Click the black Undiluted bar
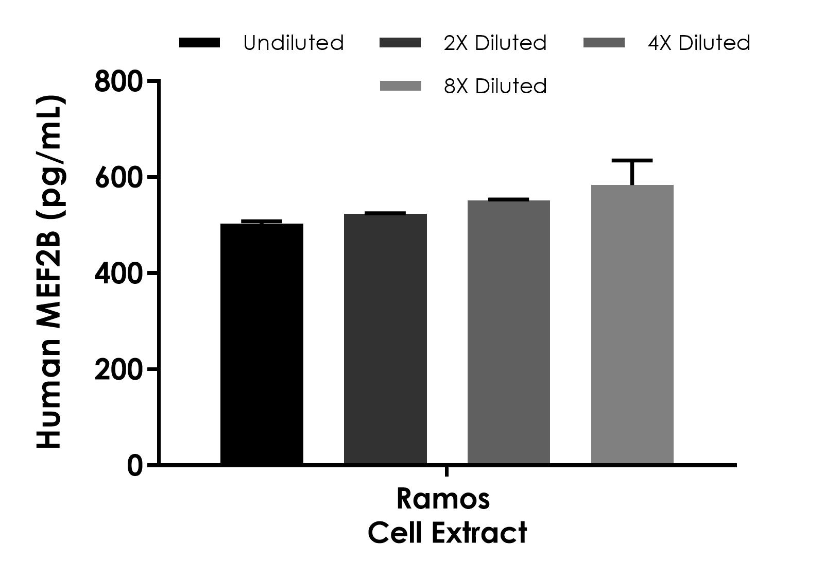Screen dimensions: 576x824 tap(262, 344)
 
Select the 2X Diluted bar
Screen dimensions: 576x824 tap(385, 338)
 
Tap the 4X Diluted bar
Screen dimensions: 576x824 tap(509, 332)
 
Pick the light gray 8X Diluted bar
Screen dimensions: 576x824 tap(632, 325)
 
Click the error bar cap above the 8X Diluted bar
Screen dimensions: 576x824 tap(632, 161)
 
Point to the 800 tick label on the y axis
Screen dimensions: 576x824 tap(118, 82)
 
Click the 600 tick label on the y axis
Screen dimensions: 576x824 tap(118, 178)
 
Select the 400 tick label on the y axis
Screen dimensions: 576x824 tap(118, 274)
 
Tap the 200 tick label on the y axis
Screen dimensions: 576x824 tap(118, 370)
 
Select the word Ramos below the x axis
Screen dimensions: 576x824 tap(443, 499)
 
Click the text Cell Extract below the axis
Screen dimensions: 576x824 tap(447, 533)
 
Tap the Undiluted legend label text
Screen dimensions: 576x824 tap(294, 43)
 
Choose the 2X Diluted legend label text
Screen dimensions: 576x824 tap(495, 43)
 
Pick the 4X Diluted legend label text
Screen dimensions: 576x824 tap(699, 43)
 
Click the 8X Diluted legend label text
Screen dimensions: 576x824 tap(495, 86)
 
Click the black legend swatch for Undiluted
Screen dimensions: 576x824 tap(199, 43)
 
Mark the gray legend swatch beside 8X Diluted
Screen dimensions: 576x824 tap(400, 86)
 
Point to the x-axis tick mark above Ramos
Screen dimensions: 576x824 tap(447, 471)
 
